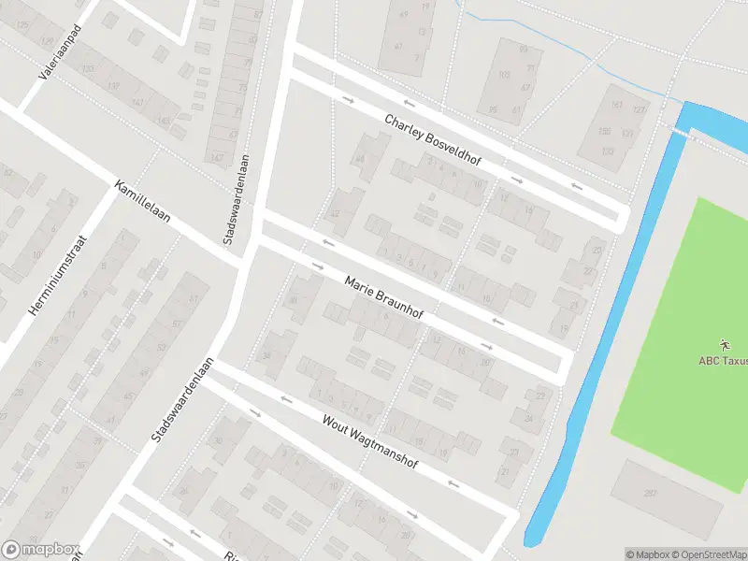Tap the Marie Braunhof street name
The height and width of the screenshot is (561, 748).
point(383,297)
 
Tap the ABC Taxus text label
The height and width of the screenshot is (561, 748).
point(723,361)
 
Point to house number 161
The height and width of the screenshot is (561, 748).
point(616,105)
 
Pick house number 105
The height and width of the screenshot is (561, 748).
point(504,75)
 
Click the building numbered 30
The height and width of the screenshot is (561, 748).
point(219,440)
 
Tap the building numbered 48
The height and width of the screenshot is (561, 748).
point(293,300)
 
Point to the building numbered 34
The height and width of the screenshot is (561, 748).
point(266,355)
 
